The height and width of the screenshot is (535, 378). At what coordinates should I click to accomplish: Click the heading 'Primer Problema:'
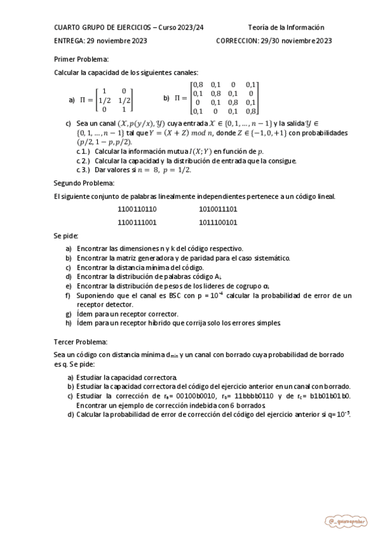(x=77, y=59)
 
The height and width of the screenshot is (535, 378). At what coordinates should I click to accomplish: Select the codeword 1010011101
(x=218, y=209)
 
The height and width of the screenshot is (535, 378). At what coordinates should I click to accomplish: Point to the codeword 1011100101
(x=218, y=222)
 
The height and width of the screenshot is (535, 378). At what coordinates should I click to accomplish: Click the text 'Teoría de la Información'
(x=286, y=28)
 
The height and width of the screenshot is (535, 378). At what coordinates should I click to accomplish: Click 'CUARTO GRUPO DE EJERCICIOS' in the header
(x=103, y=28)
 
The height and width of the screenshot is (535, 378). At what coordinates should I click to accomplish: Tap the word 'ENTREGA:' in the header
(x=69, y=41)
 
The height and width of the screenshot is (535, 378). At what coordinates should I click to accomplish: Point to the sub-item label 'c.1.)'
(x=83, y=152)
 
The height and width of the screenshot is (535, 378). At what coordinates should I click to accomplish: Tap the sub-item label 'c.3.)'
(x=83, y=170)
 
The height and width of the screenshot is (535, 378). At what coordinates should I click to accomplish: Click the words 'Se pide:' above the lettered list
(x=66, y=235)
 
